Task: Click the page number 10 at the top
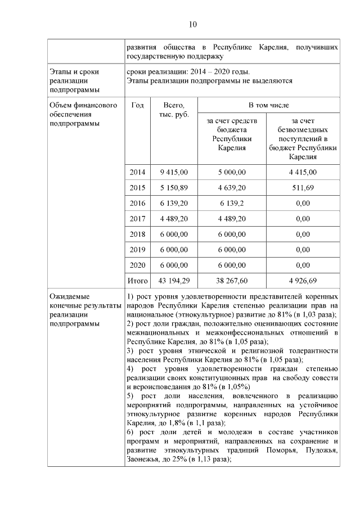pyautogui.click(x=192, y=24)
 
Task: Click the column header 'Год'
pyautogui.click(x=137, y=105)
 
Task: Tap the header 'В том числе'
pyautogui.click(x=268, y=105)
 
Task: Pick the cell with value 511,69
pyautogui.click(x=303, y=187)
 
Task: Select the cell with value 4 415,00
pyautogui.click(x=303, y=172)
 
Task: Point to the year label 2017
pyautogui.click(x=137, y=218)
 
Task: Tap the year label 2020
pyautogui.click(x=137, y=264)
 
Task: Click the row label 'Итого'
pyautogui.click(x=137, y=280)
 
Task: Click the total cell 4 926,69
pyautogui.click(x=303, y=280)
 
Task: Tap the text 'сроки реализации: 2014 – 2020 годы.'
pyautogui.click(x=188, y=72)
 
